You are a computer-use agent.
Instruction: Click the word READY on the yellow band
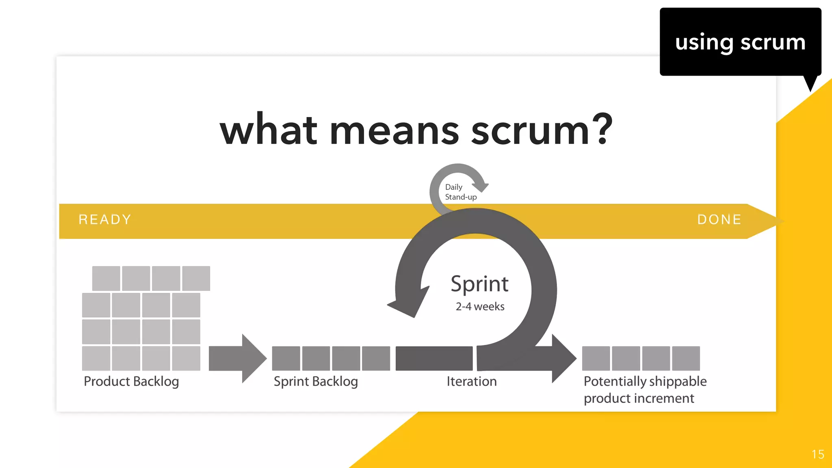105,220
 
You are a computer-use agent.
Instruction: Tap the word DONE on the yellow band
719,220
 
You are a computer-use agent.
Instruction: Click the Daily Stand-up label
460,192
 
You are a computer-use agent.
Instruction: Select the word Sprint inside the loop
479,284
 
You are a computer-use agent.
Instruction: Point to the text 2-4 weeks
480,307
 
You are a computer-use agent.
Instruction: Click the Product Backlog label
131,381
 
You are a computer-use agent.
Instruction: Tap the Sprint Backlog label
316,381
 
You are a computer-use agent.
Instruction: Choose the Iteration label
472,381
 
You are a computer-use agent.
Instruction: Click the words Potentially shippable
645,381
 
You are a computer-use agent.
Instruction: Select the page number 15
818,454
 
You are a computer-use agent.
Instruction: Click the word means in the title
394,131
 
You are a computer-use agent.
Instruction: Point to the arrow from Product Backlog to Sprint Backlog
238,358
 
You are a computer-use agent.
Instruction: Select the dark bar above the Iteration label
434,358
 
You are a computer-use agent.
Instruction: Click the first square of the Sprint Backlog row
286,358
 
